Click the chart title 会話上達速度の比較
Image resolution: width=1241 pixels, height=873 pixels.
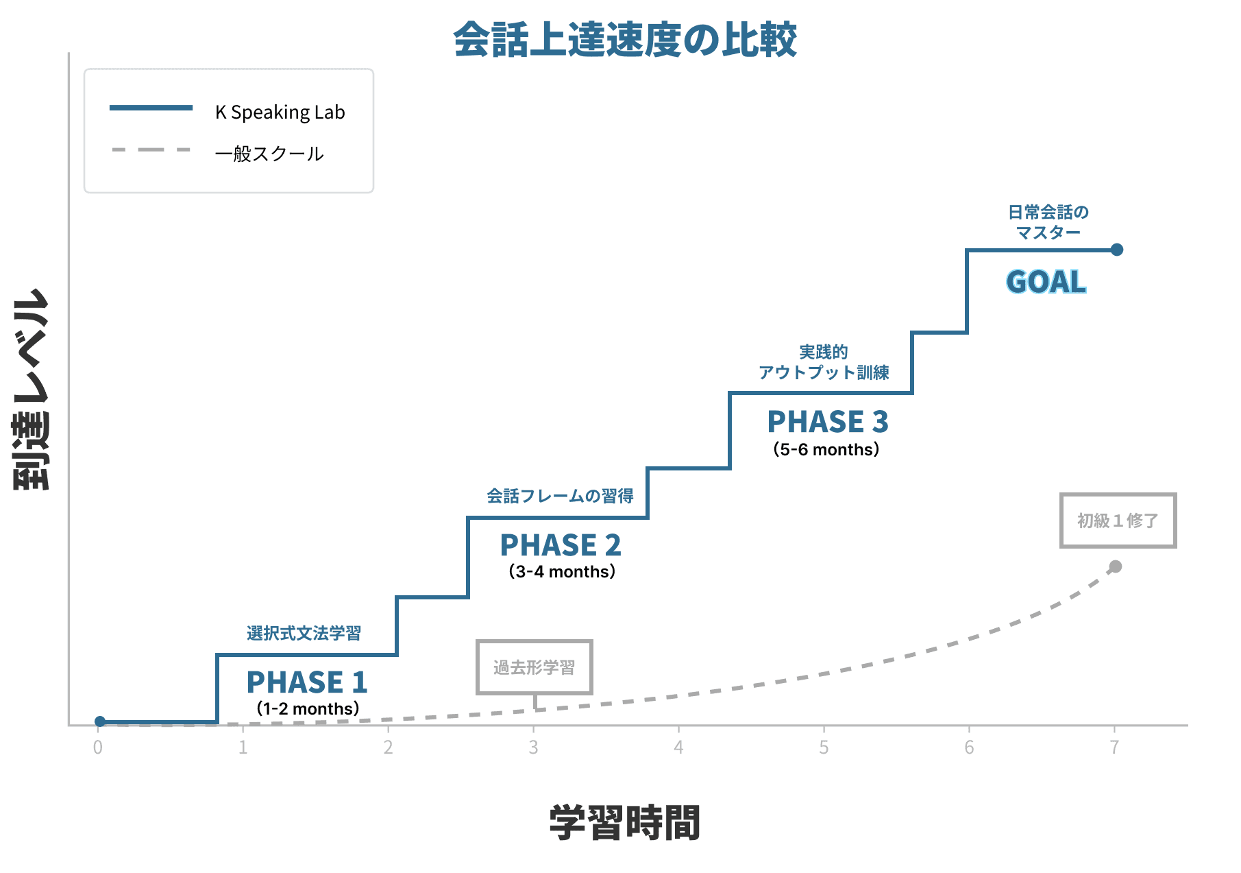624,39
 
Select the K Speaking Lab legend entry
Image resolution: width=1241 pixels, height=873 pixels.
280,112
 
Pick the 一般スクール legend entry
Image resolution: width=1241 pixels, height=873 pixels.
269,154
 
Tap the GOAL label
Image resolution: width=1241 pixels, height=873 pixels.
1046,282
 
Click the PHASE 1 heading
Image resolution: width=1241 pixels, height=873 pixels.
307,682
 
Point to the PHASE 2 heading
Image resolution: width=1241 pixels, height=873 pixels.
561,545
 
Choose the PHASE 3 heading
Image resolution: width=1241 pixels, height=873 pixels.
828,422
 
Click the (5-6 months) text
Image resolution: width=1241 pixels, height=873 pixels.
826,450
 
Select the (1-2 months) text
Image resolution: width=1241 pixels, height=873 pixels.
308,708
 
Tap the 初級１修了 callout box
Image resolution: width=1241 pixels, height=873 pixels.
1118,521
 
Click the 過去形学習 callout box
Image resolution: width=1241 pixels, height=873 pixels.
535,667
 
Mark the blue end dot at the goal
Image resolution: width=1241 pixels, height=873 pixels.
1117,250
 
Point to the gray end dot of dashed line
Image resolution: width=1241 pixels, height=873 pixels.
1116,566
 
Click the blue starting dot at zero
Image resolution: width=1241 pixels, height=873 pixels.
100,721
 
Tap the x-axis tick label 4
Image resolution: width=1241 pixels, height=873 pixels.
678,748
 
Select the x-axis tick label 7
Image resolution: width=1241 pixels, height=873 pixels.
1114,748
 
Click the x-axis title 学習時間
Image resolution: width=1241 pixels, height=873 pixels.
624,823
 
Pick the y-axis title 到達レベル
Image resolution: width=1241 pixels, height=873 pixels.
32,389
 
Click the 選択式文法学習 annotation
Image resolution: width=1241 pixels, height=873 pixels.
304,633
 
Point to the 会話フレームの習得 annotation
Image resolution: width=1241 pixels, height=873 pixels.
560,496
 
